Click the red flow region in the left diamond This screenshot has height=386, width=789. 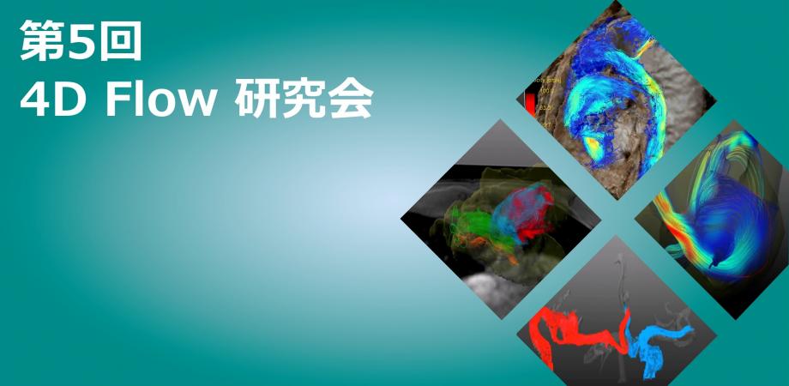tap(533, 207)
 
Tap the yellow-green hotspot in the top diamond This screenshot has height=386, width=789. tap(593, 146)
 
